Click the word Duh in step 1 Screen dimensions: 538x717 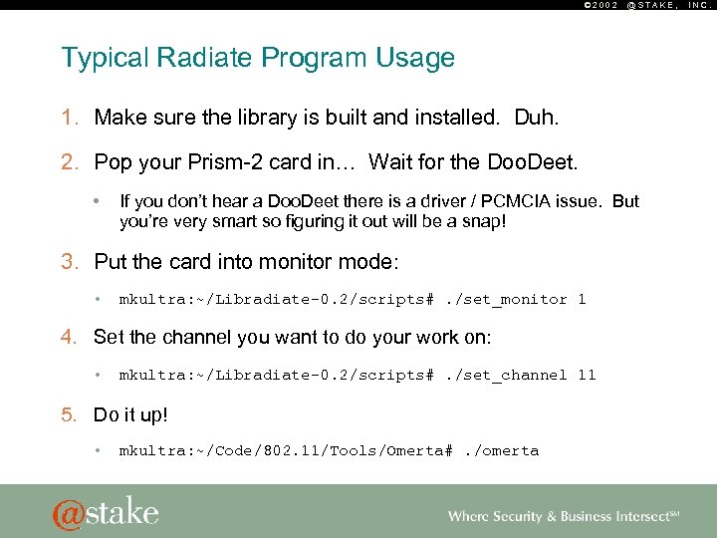535,119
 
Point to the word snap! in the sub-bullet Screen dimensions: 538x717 481,220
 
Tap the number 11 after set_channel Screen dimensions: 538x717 587,375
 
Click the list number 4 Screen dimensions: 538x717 69,337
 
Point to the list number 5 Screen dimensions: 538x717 69,412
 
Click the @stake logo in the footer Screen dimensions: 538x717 105,511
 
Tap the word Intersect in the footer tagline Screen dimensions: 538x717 637,516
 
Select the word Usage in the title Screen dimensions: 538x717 414,58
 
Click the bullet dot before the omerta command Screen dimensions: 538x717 98,450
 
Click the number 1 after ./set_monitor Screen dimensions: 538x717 582,299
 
